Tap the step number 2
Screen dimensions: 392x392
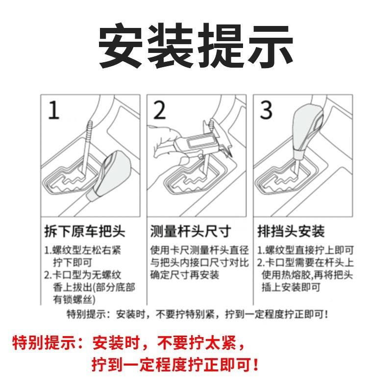click(160, 111)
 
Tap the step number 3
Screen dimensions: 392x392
click(266, 111)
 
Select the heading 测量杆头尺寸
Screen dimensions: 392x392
click(189, 231)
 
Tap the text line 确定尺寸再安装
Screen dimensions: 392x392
click(184, 275)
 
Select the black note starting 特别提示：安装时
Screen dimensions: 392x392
click(196, 313)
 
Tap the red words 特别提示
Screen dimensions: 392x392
click(44, 342)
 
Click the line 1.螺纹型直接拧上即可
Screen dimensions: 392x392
click(305, 250)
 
